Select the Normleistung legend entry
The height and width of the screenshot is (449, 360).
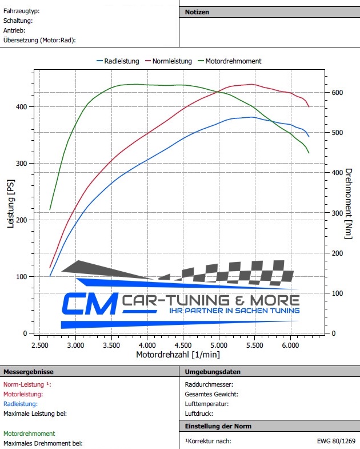pos(172,61)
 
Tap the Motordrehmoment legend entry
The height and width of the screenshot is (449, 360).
pos(233,61)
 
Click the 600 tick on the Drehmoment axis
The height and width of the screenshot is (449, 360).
pos(337,93)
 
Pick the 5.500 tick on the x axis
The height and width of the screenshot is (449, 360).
pos(255,346)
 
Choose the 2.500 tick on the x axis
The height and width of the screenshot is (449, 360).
pos(39,346)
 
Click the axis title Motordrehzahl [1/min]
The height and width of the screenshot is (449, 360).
pos(178,355)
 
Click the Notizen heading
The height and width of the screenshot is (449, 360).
pos(197,12)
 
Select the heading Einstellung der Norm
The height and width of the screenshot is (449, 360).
pos(218,426)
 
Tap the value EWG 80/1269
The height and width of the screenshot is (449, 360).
pos(336,441)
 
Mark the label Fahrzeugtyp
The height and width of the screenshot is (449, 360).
pos(21,11)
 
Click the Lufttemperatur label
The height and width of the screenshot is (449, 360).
pos(206,404)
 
